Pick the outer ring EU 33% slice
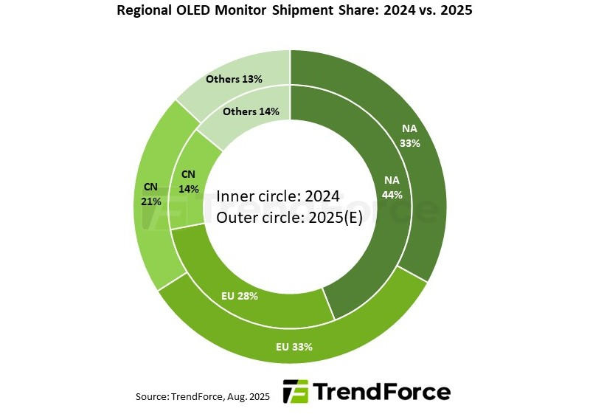[243, 336]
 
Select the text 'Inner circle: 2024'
[277, 196]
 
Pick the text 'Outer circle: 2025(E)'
[289, 218]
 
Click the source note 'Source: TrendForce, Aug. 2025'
[202, 397]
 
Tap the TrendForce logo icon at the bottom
[295, 392]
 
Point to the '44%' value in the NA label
[392, 196]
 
